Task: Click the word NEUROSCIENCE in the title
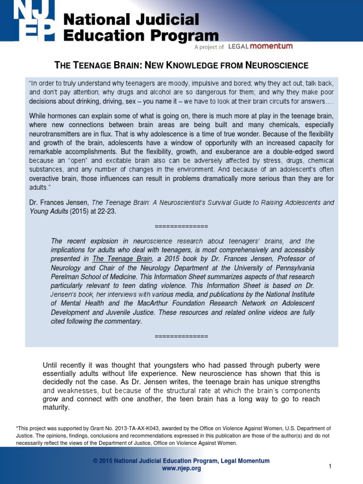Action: [x=274, y=65]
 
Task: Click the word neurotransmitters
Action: [x=58, y=134]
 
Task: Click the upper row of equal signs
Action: [x=181, y=225]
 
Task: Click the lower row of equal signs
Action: [x=181, y=336]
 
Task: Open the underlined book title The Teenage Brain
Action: [x=122, y=259]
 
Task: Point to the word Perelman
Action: [x=65, y=277]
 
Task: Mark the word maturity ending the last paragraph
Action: [x=56, y=407]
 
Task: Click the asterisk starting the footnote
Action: [x=17, y=428]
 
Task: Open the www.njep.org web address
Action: [x=181, y=468]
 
